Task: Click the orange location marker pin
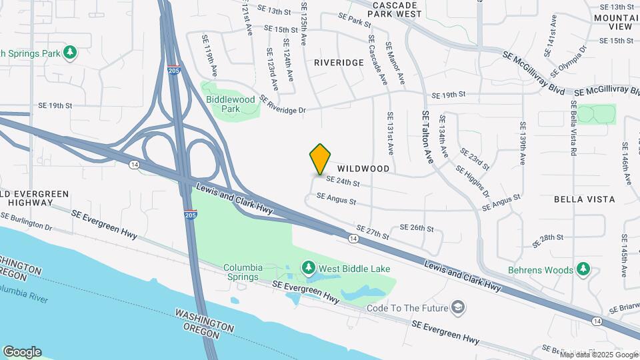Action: pos(321,159)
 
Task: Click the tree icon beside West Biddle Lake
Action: pos(308,268)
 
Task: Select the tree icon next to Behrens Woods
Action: pos(584,269)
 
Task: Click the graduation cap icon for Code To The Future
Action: pos(459,307)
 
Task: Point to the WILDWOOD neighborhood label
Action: pos(363,169)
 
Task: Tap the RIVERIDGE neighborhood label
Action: pos(339,63)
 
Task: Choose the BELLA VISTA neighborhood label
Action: pos(585,199)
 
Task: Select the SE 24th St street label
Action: pos(343,181)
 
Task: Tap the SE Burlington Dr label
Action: pos(27,221)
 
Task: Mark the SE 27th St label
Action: pos(372,231)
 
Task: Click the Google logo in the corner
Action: pos(22,352)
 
